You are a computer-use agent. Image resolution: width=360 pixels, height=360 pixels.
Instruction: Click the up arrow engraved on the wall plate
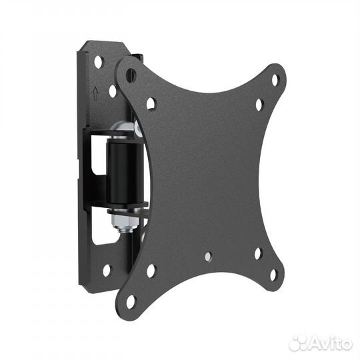pyautogui.click(x=95, y=93)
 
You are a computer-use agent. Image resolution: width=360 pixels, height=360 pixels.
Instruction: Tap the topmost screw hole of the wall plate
pyautogui.click(x=99, y=62)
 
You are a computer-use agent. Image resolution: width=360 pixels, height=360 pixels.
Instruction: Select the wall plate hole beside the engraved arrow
pyautogui.click(x=113, y=91)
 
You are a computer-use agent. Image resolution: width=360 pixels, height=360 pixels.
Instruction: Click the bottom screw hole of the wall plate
pyautogui.click(x=107, y=271)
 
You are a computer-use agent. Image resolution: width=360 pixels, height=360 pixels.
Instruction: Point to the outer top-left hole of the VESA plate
pyautogui.click(x=131, y=75)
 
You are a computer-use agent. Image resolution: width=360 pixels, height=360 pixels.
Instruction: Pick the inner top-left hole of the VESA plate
pyautogui.click(x=151, y=103)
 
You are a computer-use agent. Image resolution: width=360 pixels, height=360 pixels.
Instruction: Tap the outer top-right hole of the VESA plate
pyautogui.click(x=275, y=80)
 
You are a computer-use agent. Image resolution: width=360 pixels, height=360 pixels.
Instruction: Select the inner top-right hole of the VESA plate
pyautogui.click(x=259, y=105)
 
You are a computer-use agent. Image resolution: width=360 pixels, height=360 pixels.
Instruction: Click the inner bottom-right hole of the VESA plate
pyautogui.click(x=258, y=253)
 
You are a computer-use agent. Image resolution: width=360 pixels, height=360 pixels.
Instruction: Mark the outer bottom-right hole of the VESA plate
pyautogui.click(x=273, y=275)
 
